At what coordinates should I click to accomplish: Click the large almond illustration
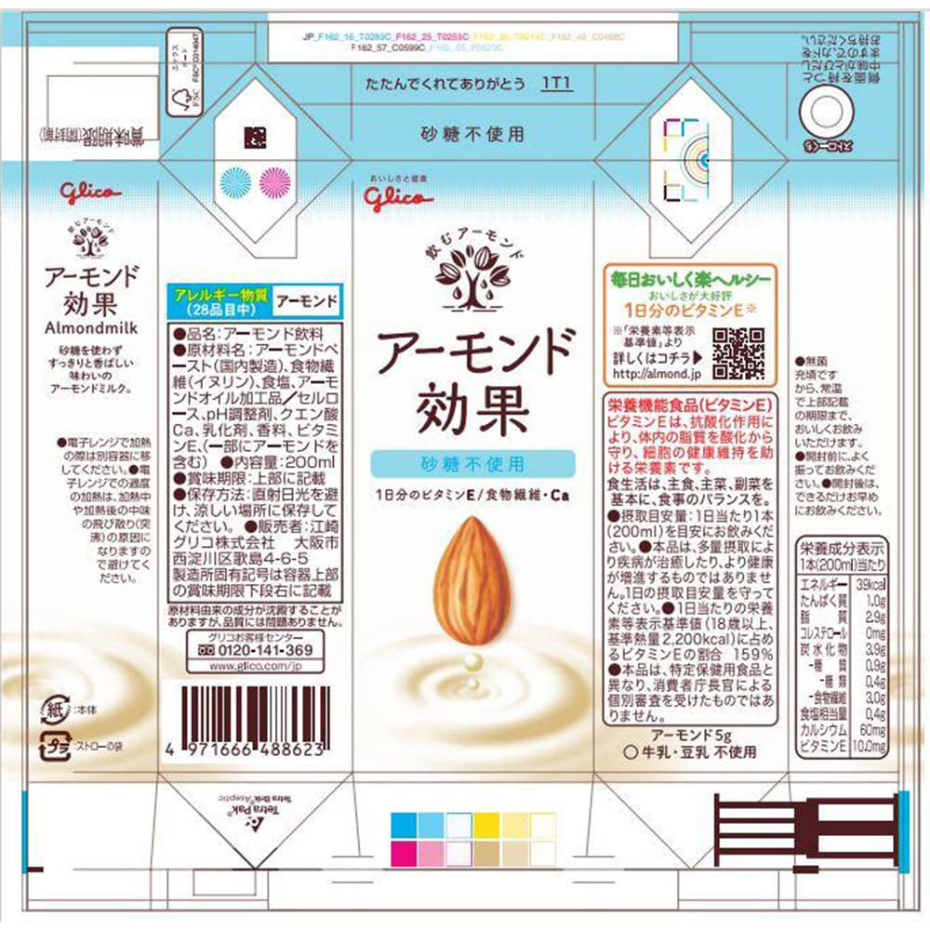[x=472, y=578]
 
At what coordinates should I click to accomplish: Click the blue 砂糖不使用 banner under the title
[x=473, y=462]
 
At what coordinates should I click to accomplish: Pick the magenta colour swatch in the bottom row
[x=403, y=853]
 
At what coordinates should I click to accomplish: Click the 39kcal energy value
[x=869, y=583]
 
